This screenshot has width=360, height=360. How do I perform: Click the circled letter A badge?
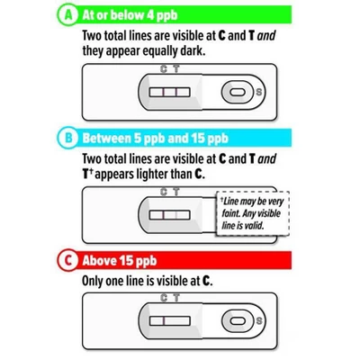pyautogui.click(x=68, y=15)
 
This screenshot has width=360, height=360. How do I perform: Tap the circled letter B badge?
pyautogui.click(x=68, y=138)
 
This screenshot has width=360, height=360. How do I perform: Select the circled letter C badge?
pyautogui.click(x=68, y=260)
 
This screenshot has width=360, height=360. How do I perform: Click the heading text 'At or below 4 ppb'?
pyautogui.click(x=130, y=15)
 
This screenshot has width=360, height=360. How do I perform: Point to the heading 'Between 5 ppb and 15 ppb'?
pyautogui.click(x=156, y=139)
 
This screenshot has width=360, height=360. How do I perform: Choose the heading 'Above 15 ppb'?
pyautogui.click(x=120, y=261)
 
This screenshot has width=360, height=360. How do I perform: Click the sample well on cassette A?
pyautogui.click(x=238, y=92)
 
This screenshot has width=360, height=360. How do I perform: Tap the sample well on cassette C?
pyautogui.click(x=238, y=321)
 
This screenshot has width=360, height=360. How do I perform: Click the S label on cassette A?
pyautogui.click(x=258, y=92)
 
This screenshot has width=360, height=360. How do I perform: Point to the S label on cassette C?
pyautogui.click(x=258, y=321)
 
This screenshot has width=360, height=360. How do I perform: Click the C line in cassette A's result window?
pyautogui.click(x=164, y=92)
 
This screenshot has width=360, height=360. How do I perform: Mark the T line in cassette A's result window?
pyautogui.click(x=176, y=92)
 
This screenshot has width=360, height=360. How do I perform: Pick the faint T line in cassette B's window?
pyautogui.click(x=176, y=215)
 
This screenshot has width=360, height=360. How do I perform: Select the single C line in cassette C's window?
pyautogui.click(x=164, y=321)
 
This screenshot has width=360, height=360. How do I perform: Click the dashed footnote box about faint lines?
pyautogui.click(x=253, y=213)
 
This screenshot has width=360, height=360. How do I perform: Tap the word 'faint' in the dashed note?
pyautogui.click(x=231, y=213)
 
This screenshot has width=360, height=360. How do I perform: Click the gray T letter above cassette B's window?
pyautogui.click(x=176, y=192)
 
